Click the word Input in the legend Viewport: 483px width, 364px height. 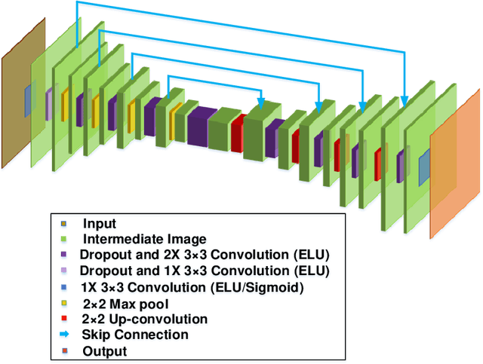[99, 223]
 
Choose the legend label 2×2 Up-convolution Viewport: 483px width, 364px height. [134, 319]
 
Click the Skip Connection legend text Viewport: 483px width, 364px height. [135, 334]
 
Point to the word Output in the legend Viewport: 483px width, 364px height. [103, 350]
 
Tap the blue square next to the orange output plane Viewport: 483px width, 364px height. [423, 164]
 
